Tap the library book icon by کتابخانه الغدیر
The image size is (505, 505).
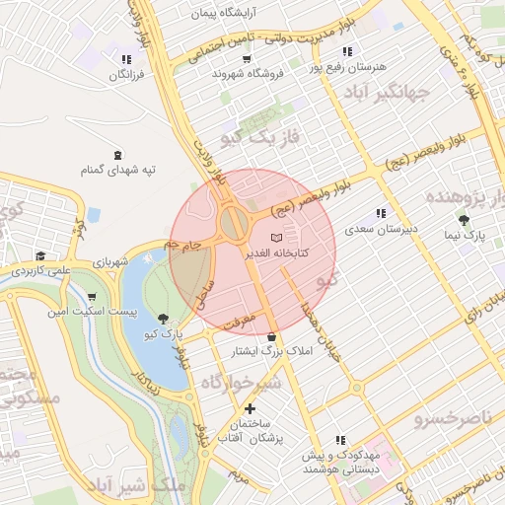pyautogui.click(x=276, y=239)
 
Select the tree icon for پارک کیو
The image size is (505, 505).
pyautogui.click(x=162, y=318)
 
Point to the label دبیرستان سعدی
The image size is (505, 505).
pyautogui.click(x=382, y=229)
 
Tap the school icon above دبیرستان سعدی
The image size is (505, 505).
pyautogui.click(x=381, y=214)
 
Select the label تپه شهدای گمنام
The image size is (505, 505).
pyautogui.click(x=119, y=170)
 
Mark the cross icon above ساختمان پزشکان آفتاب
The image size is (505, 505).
pyautogui.click(x=250, y=408)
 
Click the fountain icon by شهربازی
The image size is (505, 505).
pyautogui.click(x=147, y=257)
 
